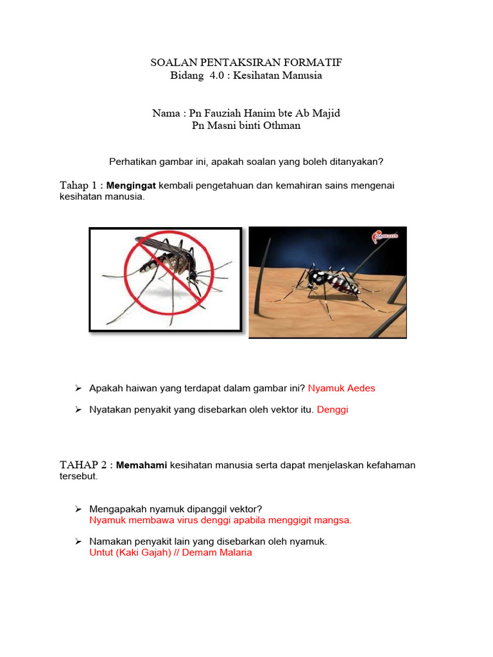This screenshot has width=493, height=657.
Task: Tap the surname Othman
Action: (x=279, y=125)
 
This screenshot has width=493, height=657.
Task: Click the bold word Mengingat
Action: (x=131, y=185)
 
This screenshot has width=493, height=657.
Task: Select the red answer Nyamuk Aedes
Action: (x=342, y=388)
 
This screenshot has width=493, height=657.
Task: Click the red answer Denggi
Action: (x=333, y=409)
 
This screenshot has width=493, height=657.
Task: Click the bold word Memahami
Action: (x=141, y=465)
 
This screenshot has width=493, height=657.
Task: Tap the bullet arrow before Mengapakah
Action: (x=78, y=509)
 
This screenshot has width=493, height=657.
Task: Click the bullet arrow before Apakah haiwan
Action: (x=78, y=388)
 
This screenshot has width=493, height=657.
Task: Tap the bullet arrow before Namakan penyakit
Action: (x=78, y=542)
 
